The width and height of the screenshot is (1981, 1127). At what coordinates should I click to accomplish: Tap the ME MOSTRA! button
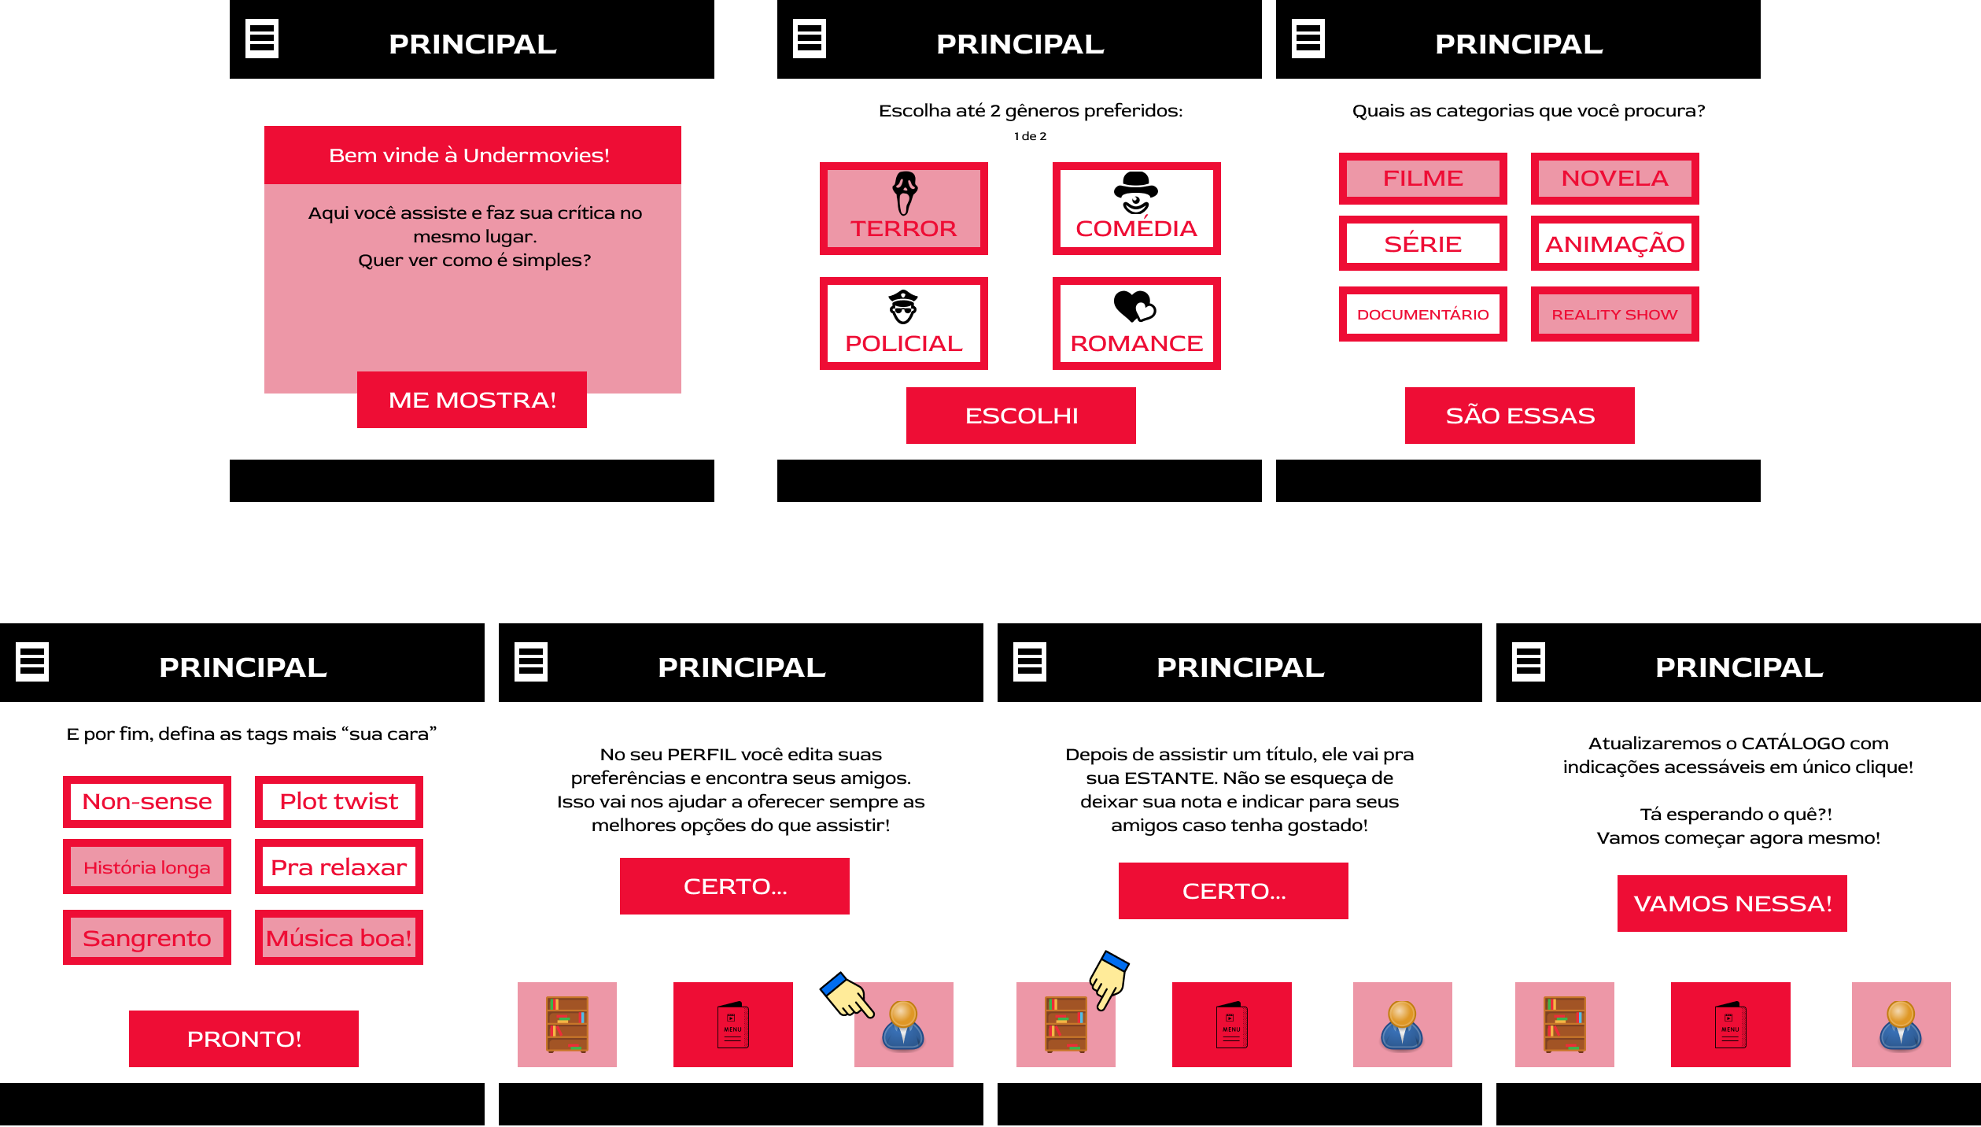click(x=472, y=400)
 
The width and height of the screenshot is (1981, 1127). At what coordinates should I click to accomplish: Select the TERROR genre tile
click(x=904, y=209)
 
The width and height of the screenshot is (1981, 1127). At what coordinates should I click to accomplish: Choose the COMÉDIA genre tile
click(x=1137, y=209)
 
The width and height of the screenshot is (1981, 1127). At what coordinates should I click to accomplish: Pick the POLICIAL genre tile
click(x=904, y=323)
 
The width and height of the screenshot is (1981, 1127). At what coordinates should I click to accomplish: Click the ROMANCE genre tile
click(x=1137, y=323)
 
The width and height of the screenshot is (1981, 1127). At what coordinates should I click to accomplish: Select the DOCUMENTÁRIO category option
click(x=1423, y=314)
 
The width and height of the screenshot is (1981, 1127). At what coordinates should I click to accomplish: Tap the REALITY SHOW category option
click(x=1615, y=314)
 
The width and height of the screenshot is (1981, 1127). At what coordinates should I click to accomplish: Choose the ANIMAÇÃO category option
click(x=1615, y=243)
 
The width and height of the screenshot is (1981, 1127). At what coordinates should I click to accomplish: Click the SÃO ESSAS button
click(x=1520, y=416)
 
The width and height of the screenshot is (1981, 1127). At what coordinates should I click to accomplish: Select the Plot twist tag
click(x=339, y=802)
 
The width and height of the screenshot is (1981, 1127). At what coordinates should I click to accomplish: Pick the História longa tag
click(x=147, y=866)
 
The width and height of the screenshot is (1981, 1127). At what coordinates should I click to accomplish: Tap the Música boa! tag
click(x=339, y=937)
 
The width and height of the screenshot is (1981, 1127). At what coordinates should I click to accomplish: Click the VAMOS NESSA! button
click(x=1732, y=903)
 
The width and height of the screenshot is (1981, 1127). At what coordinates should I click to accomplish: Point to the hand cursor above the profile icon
click(x=847, y=995)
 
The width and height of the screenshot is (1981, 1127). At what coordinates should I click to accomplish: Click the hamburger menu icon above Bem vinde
click(x=262, y=39)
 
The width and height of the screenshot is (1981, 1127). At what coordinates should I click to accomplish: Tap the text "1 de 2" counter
click(x=1030, y=136)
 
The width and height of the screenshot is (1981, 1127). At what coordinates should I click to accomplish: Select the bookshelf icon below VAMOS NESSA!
click(x=1565, y=1025)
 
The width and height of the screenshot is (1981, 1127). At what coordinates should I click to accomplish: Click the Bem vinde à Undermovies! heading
click(x=470, y=155)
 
